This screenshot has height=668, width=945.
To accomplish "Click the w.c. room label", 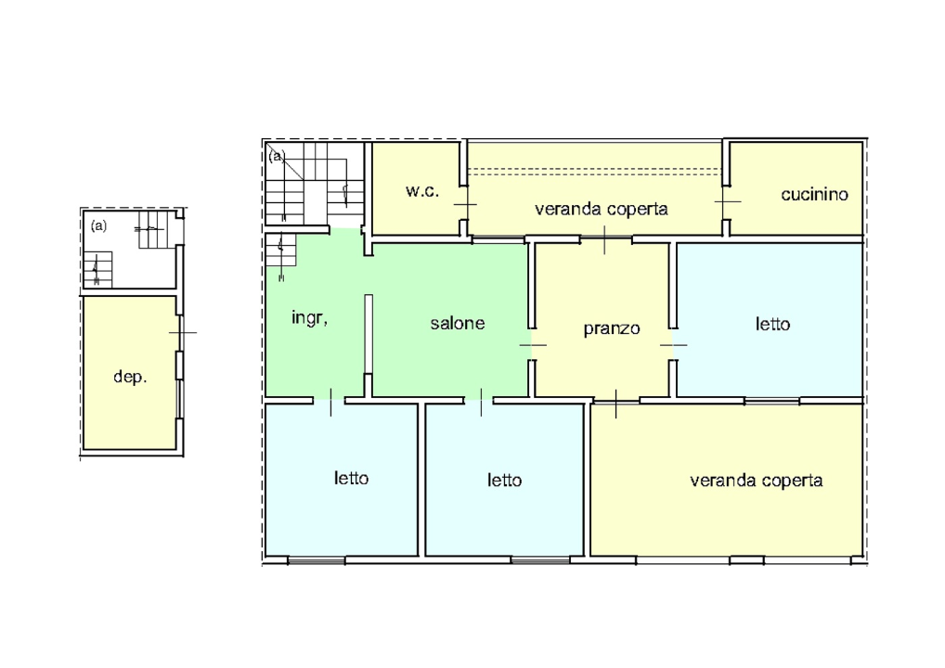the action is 421,191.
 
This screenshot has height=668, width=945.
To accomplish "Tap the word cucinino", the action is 814,194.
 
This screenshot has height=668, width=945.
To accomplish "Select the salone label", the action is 458,323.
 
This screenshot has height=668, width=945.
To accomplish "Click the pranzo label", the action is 611,328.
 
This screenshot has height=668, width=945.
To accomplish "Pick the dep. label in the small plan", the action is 130,377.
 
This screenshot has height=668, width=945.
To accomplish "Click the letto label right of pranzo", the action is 772,324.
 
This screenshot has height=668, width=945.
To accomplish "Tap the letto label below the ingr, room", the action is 351,478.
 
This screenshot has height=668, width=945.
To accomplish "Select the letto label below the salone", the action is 504,480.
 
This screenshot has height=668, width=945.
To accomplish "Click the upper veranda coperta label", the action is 601,209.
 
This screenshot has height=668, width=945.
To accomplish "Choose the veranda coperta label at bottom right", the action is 756,480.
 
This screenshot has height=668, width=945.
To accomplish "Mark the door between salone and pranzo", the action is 533,345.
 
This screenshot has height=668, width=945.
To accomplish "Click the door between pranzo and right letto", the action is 673,345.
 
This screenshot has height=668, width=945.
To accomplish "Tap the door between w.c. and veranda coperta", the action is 465,204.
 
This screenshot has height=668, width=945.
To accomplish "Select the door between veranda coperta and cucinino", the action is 728,201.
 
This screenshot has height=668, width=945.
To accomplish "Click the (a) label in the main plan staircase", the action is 276,156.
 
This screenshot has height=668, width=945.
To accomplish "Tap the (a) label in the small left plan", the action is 98,225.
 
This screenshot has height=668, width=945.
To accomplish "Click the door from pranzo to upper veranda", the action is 604,239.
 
